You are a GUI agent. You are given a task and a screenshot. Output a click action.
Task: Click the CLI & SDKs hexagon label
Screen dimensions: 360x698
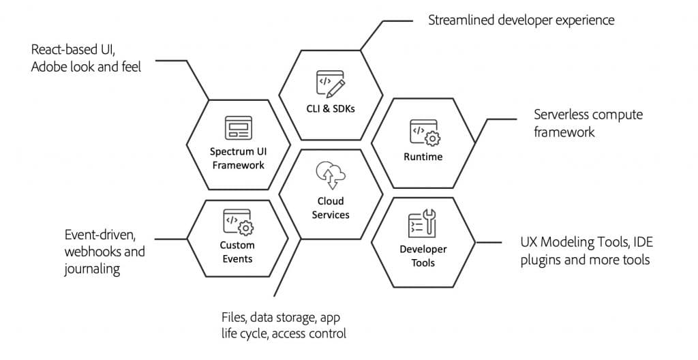coord(331,108)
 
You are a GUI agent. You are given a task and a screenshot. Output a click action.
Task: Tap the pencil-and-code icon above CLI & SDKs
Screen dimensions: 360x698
coord(331,83)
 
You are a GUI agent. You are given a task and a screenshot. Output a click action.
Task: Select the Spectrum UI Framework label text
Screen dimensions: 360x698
coord(237,158)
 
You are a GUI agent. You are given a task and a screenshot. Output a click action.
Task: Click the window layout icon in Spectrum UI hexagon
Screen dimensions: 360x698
coord(237,127)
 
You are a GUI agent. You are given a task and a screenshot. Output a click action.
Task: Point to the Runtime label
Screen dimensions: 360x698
coord(423,157)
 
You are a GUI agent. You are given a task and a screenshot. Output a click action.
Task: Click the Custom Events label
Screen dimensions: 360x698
coord(237,252)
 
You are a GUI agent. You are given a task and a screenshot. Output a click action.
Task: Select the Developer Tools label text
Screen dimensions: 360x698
coord(423,256)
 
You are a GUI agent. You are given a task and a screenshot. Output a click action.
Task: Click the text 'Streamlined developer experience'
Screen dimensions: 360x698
coord(521,20)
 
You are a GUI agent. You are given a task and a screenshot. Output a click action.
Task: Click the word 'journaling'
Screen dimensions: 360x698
coord(92,269)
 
